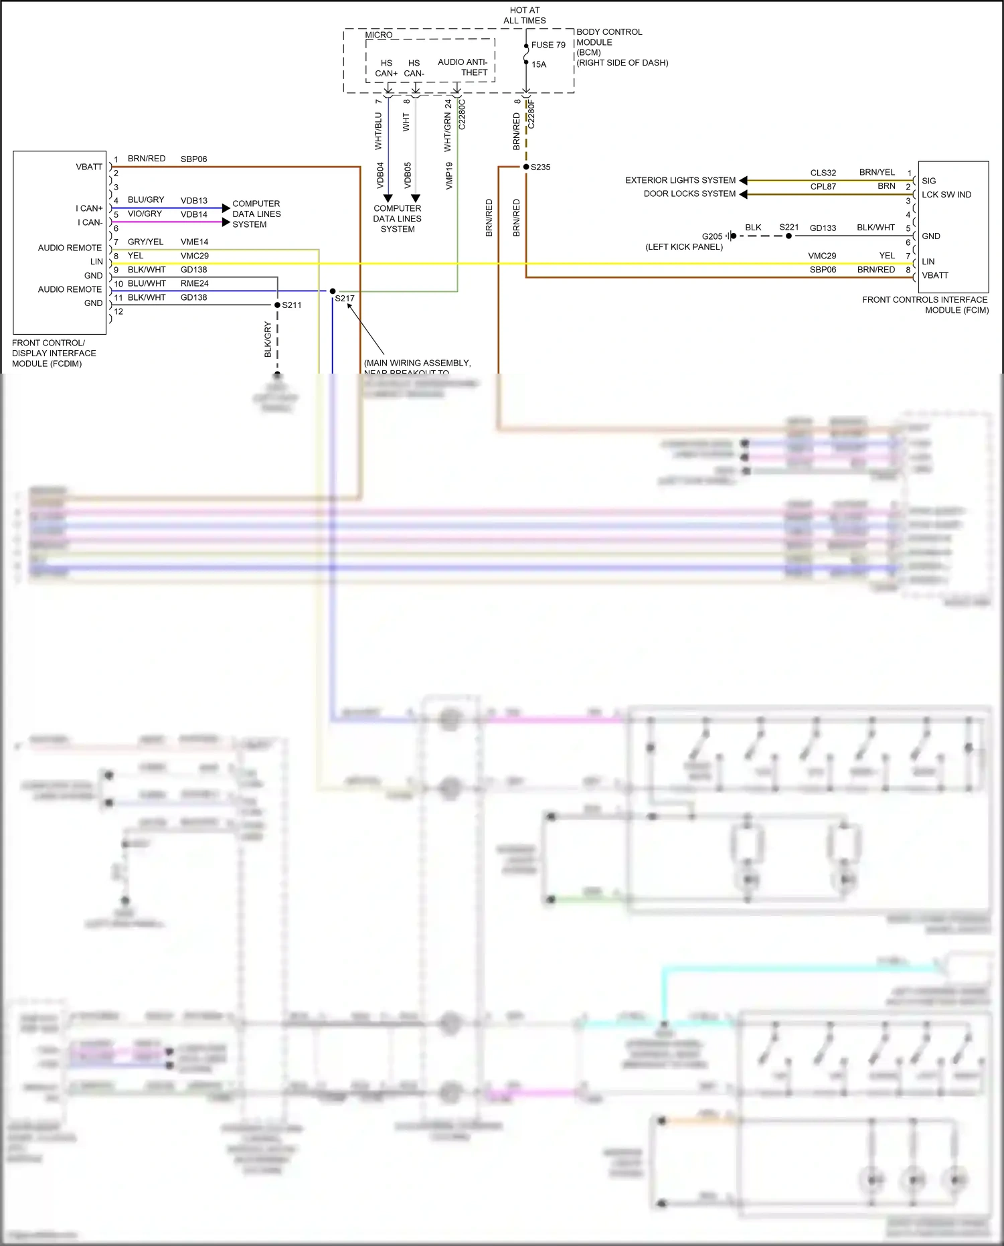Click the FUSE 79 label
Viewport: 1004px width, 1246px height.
pos(548,45)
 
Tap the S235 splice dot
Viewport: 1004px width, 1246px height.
pos(526,167)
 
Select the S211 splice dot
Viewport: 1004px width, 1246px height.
pos(278,305)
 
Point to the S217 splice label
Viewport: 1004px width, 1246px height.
pos(345,299)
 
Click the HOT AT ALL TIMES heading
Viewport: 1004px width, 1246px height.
pos(524,15)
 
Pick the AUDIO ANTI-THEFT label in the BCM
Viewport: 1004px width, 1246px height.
pos(463,67)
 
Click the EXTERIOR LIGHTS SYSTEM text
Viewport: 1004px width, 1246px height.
pos(680,180)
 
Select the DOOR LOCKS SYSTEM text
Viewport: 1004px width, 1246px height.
pos(689,193)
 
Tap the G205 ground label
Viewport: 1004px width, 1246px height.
pos(712,236)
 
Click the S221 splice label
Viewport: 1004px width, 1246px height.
pos(788,227)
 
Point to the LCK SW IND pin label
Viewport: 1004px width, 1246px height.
pos(946,195)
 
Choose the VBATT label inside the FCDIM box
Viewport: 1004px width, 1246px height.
pos(89,167)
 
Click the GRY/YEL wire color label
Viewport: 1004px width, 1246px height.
pos(145,242)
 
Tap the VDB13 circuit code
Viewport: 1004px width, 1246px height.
pos(193,200)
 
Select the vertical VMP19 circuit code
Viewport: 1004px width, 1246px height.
pos(449,175)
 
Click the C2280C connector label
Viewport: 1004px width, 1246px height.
pos(462,114)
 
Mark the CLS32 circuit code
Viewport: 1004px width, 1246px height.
pos(823,173)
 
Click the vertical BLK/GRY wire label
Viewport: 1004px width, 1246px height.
pos(268,339)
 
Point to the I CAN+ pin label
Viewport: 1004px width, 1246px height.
pos(89,208)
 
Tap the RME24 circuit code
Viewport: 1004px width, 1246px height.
pos(194,283)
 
